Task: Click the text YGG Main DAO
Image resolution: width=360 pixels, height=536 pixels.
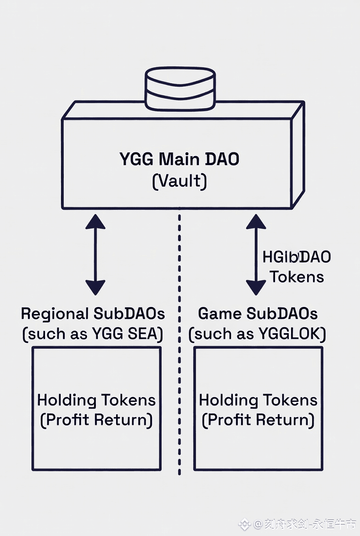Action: pyautogui.click(x=179, y=160)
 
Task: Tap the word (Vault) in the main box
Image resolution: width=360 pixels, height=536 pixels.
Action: pyautogui.click(x=179, y=181)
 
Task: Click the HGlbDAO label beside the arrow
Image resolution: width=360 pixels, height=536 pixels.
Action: pyautogui.click(x=297, y=257)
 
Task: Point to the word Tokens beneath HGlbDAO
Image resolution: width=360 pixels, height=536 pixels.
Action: pyautogui.click(x=297, y=277)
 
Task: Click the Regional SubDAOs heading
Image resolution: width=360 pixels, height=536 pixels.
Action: pyautogui.click(x=93, y=314)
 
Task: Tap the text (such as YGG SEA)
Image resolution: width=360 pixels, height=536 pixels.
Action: pyautogui.click(x=93, y=334)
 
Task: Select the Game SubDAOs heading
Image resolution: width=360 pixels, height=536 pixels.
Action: pyautogui.click(x=258, y=314)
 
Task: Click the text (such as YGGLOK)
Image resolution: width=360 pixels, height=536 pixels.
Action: pyautogui.click(x=258, y=334)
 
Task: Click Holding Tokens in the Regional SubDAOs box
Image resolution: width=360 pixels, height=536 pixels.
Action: pyautogui.click(x=96, y=400)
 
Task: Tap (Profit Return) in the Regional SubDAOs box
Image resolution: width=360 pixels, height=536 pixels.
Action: pyautogui.click(x=96, y=420)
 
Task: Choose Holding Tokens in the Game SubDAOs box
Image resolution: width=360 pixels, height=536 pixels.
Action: pyautogui.click(x=258, y=400)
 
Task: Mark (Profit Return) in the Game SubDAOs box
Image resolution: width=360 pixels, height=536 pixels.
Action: pyautogui.click(x=258, y=420)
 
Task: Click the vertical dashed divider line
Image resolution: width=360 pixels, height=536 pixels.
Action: pyautogui.click(x=179, y=349)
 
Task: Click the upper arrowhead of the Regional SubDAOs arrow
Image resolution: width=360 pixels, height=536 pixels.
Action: pyautogui.click(x=95, y=221)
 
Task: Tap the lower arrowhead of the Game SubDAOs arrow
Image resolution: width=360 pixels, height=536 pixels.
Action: pyautogui.click(x=256, y=288)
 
